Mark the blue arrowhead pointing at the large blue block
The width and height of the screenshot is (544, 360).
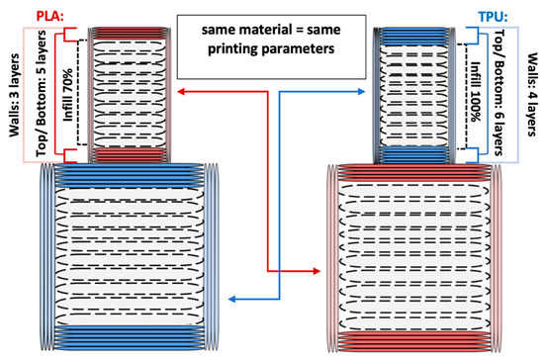tap(229, 298)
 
